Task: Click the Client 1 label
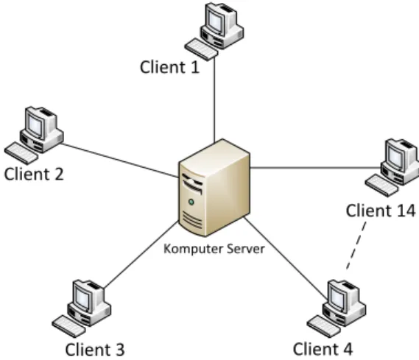(x=169, y=67)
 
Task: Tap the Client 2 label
(x=34, y=174)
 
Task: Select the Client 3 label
(x=95, y=349)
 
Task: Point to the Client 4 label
(x=323, y=349)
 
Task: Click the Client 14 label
(x=381, y=211)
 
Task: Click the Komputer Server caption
(x=214, y=249)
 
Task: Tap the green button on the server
(x=191, y=202)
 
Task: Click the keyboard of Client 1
(x=201, y=49)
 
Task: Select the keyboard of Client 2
(x=21, y=153)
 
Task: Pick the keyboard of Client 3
(x=68, y=326)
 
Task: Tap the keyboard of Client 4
(x=323, y=326)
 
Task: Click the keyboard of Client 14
(x=381, y=186)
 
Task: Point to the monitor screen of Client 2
(x=35, y=124)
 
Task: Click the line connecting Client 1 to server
(x=214, y=99)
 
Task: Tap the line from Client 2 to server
(x=120, y=160)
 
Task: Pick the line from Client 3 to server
(x=141, y=255)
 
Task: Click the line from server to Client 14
(x=316, y=168)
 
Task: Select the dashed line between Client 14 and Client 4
(x=356, y=245)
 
